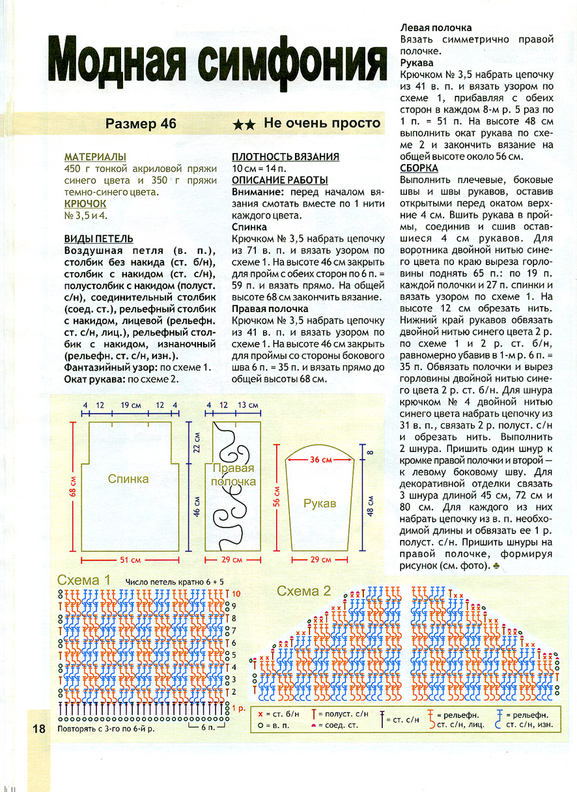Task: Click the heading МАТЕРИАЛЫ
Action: click(95, 158)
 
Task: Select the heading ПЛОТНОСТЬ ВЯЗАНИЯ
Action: click(285, 157)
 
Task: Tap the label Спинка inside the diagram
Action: click(128, 479)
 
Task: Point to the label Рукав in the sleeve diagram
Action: click(319, 503)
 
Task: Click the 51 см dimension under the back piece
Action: click(130, 560)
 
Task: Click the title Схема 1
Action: click(84, 580)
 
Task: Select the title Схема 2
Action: click(304, 591)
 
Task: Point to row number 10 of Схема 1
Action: click(236, 594)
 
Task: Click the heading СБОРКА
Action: click(419, 168)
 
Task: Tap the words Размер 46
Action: click(141, 124)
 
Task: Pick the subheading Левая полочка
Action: click(436, 28)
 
